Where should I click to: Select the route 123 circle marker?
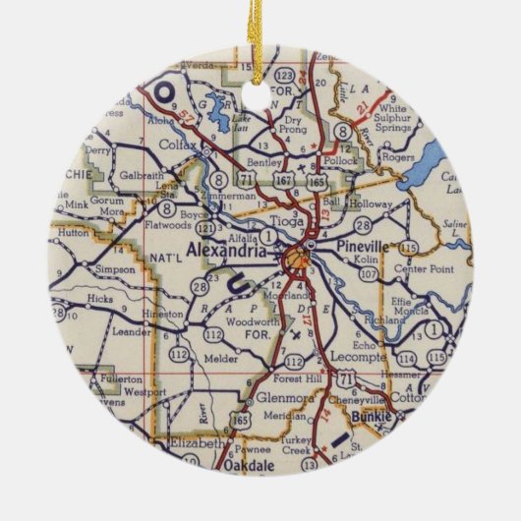[284, 76]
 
